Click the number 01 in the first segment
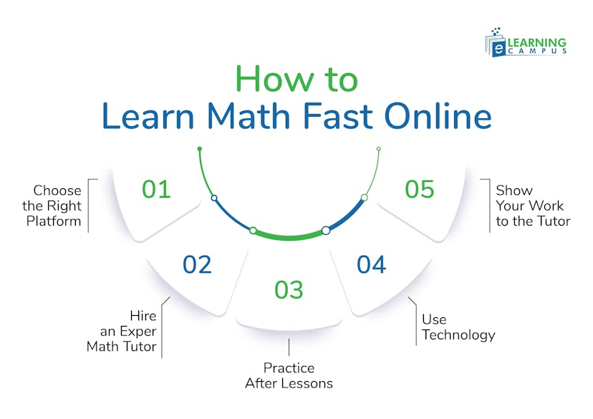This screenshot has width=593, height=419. tap(156, 190)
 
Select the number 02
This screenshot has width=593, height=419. tap(197, 264)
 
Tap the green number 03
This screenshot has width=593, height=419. tap(289, 290)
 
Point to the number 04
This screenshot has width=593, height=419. tap(372, 264)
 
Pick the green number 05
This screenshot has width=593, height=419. tap(420, 190)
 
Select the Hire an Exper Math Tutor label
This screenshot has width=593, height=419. tap(122, 331)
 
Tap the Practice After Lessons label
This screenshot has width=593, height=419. tap(289, 375)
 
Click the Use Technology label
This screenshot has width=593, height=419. tap(458, 327)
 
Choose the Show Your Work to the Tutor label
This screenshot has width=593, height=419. tap(533, 206)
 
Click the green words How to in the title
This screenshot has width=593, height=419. tap(296, 79)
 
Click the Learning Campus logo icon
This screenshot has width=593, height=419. tap(497, 43)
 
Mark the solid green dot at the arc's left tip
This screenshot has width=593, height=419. tap(200, 149)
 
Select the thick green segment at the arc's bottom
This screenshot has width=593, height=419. tap(289, 235)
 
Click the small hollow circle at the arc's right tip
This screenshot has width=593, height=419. tap(379, 149)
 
